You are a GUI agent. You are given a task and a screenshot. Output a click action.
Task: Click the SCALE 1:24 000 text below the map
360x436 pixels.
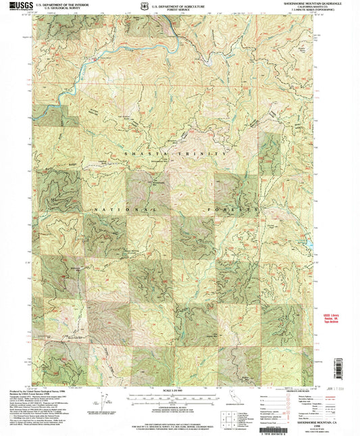pos(176,389)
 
